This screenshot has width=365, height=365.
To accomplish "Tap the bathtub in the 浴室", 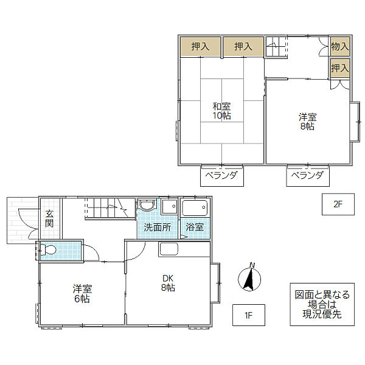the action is click(x=195, y=207).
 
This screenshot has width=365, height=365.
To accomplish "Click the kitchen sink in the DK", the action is click(x=169, y=249).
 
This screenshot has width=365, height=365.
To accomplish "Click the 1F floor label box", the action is click(x=249, y=315).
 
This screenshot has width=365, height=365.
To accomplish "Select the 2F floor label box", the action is click(x=338, y=204).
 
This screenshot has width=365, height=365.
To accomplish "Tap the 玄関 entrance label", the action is click(x=49, y=218).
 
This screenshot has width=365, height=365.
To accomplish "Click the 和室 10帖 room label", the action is click(x=221, y=111).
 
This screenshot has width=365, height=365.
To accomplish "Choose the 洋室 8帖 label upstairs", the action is click(x=307, y=122).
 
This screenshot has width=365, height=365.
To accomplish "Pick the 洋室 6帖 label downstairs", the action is click(x=82, y=294).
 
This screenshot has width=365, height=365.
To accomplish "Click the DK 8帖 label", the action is click(x=168, y=283).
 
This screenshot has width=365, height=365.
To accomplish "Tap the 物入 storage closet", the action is click(x=340, y=46).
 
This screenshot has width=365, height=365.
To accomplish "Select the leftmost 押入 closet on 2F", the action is click(x=200, y=47).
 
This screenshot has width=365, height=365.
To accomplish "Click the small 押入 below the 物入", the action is click(x=340, y=68).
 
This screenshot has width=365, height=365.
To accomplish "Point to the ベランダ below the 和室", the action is click(x=222, y=176).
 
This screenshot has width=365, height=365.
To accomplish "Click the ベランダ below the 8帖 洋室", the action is click(x=308, y=176).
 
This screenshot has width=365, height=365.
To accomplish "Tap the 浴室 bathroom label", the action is click(x=195, y=228).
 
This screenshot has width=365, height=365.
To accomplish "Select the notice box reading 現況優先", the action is click(x=322, y=304).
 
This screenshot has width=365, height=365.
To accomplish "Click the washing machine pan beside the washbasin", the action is click(x=169, y=206).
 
